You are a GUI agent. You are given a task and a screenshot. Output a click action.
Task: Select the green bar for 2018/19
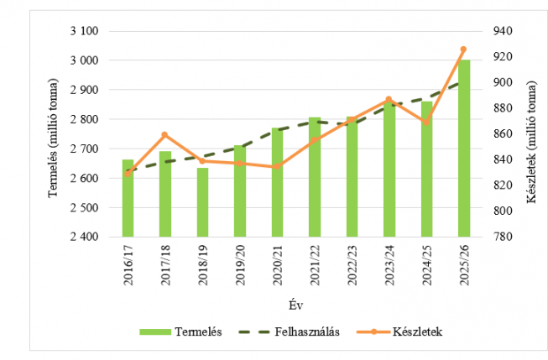coord(202,203)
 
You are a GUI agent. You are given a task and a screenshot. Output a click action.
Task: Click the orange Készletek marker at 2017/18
coord(164,134)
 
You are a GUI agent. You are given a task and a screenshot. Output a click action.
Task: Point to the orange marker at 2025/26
coord(463,50)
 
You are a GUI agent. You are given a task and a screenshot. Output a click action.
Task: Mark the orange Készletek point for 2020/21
coord(277,166)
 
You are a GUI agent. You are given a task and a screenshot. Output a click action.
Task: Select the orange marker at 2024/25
coord(426,123)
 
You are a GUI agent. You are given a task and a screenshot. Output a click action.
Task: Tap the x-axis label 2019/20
coord(240,266)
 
